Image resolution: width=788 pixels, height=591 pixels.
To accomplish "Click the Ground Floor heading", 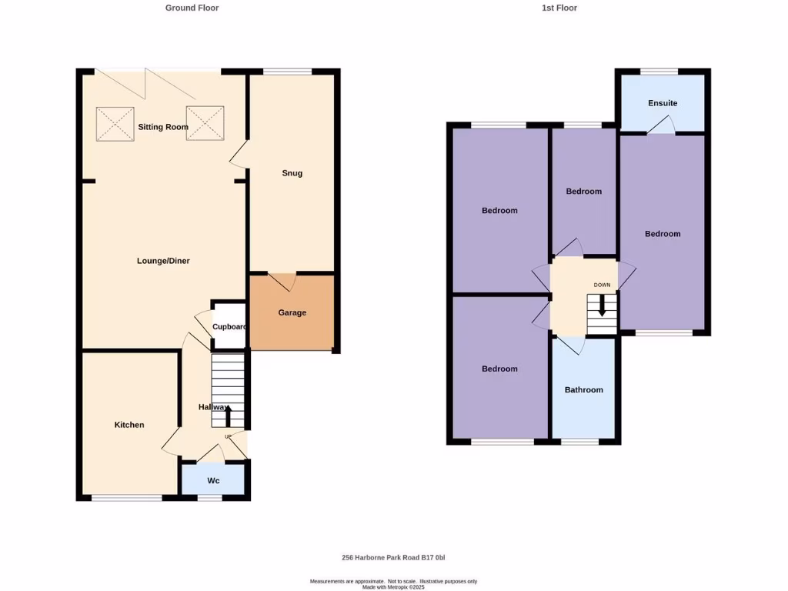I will [192, 8].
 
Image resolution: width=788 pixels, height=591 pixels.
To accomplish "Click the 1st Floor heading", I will [559, 8].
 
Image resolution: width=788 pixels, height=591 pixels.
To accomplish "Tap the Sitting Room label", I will [163, 127].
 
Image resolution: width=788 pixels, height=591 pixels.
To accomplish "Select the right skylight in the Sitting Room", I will [205, 123].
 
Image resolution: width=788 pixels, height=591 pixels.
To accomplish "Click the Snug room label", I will [292, 173].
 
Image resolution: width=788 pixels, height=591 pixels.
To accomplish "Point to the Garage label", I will [292, 312].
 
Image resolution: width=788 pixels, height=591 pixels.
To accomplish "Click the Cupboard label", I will [229, 326].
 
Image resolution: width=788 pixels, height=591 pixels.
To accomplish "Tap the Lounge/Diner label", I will [163, 261].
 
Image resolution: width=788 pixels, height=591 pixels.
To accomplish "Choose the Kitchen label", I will [129, 425].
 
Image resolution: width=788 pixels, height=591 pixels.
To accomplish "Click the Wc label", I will [213, 480].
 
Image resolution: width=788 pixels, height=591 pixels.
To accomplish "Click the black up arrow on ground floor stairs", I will [227, 418].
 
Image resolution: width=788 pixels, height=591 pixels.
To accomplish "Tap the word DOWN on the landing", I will [602, 285].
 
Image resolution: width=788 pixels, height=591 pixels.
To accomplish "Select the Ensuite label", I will [663, 103].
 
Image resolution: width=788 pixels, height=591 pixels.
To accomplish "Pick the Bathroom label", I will [584, 389].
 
